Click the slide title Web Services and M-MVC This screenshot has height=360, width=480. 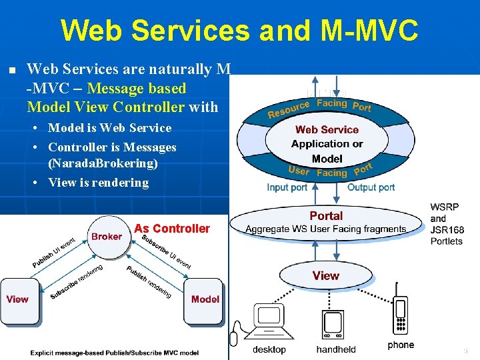(x=239, y=30)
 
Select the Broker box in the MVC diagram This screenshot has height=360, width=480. (x=107, y=236)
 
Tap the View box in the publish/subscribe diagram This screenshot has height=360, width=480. (x=18, y=299)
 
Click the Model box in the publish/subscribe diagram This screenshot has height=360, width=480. (x=204, y=299)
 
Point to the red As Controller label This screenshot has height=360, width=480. (x=172, y=229)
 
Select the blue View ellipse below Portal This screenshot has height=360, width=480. (x=326, y=275)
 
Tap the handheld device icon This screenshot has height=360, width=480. (x=335, y=325)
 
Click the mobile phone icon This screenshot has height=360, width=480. (x=400, y=317)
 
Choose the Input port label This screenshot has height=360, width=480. (x=287, y=187)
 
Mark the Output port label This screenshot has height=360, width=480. (x=371, y=187)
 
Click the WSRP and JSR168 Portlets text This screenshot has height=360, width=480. (x=447, y=224)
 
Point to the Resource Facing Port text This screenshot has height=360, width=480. (x=319, y=107)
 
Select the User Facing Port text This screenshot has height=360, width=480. (x=330, y=171)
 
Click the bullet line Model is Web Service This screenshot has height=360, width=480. (x=109, y=128)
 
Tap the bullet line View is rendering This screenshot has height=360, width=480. (x=98, y=183)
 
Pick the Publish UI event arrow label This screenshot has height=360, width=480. (x=53, y=254)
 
